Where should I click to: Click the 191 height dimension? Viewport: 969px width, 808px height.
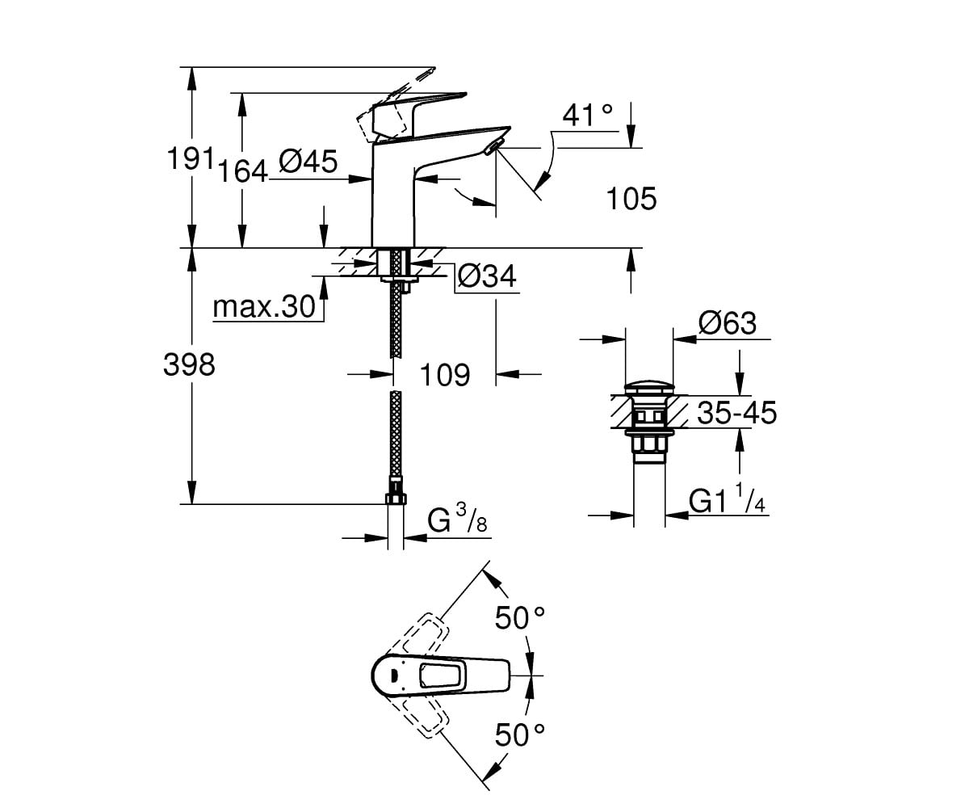(x=191, y=158)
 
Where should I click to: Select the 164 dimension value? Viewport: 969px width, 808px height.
(x=243, y=170)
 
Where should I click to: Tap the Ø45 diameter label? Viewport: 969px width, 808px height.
(x=308, y=162)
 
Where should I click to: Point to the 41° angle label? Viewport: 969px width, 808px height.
(x=588, y=115)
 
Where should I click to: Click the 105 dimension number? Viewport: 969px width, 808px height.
(x=631, y=199)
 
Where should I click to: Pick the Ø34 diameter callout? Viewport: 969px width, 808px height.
(x=487, y=277)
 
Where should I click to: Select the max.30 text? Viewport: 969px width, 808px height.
(x=264, y=306)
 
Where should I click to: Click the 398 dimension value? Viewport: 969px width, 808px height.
(x=189, y=364)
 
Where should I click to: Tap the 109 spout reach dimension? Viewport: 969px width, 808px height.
(x=445, y=374)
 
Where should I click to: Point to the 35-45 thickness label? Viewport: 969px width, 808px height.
(x=737, y=412)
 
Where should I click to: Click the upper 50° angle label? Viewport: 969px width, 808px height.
(x=520, y=617)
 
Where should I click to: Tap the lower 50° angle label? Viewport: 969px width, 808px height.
(x=520, y=734)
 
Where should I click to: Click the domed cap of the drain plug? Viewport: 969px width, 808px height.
(x=648, y=387)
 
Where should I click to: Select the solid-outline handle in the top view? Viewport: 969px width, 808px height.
(x=440, y=675)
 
